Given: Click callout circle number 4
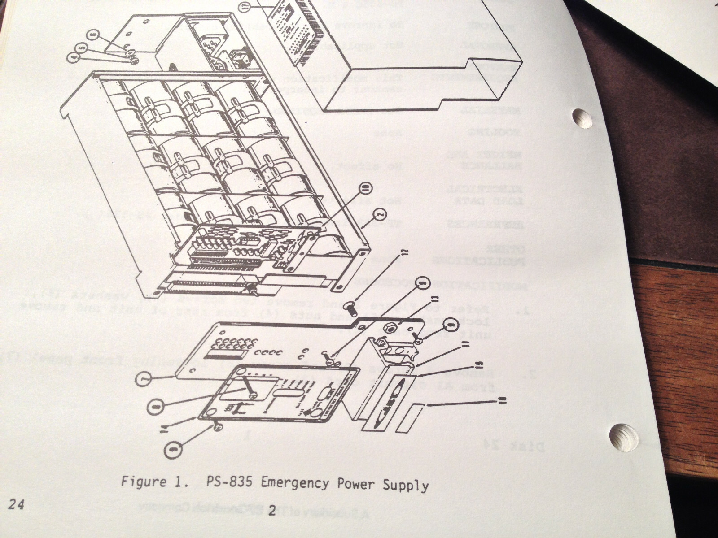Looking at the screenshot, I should point(74,56).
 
